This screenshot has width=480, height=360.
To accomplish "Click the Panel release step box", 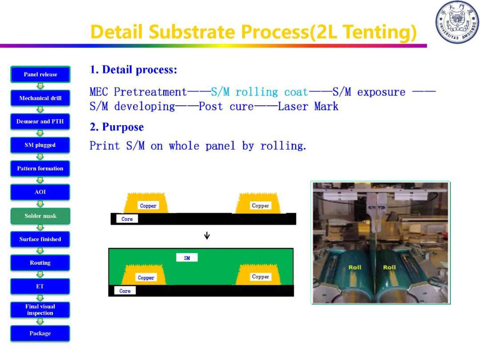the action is [x=40, y=74].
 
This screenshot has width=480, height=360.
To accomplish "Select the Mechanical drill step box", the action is [x=40, y=98].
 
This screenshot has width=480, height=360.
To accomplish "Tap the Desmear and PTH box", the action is [x=40, y=121].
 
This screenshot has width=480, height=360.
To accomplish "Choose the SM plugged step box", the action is [x=40, y=145].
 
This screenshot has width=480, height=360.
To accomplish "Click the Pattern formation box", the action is [x=40, y=169].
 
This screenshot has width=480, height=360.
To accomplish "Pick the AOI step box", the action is [x=40, y=192].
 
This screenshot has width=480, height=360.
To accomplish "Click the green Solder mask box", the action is [x=40, y=216].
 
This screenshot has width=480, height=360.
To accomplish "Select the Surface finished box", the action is [x=40, y=239].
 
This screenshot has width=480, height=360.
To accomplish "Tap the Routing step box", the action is [x=40, y=263].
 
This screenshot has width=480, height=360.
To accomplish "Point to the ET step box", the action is [x=40, y=286].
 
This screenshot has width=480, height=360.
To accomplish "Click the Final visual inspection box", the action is [x=40, y=310].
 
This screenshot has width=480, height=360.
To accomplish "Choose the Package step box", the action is [x=40, y=333].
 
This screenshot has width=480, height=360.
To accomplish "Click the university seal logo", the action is [x=457, y=22].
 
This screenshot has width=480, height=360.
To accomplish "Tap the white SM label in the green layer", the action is [x=187, y=258].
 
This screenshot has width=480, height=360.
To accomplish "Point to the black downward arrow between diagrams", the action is [x=207, y=236].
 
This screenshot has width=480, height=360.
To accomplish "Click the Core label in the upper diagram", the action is [x=127, y=219].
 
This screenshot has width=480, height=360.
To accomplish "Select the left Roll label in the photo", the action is [x=355, y=267].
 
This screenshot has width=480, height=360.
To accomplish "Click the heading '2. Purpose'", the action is [x=116, y=127].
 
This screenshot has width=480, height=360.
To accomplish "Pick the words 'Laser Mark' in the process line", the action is [x=308, y=107].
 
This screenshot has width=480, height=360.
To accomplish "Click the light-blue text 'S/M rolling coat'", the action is [x=259, y=92].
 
